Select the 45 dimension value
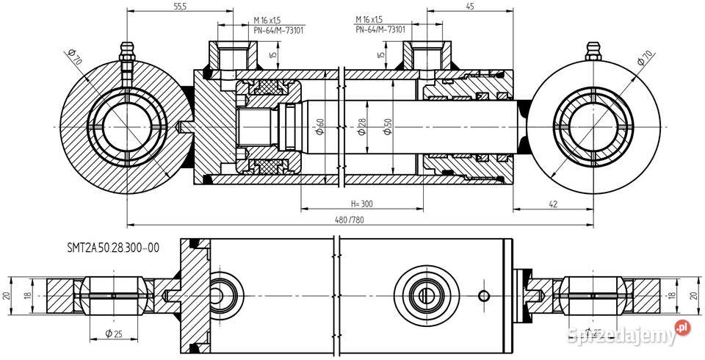click(x=469, y=7)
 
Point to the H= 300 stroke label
click(x=362, y=203)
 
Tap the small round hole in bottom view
click(x=482, y=295)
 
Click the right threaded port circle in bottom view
click(x=424, y=295)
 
